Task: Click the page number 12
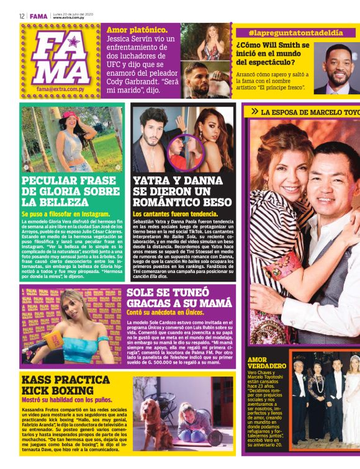click(x=22, y=16)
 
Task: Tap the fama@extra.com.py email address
click(x=61, y=89)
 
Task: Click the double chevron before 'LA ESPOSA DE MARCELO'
click(x=254, y=112)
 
